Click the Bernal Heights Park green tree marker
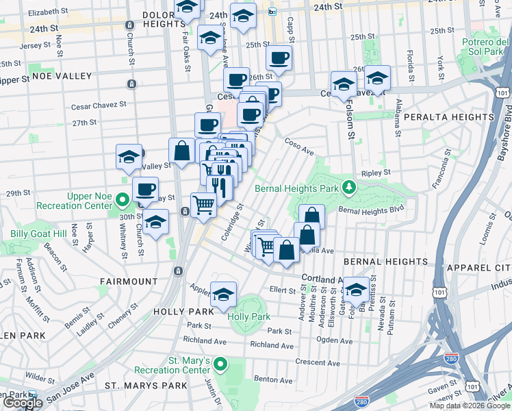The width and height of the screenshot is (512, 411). [349, 187]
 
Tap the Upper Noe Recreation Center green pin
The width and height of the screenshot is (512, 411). [123, 201]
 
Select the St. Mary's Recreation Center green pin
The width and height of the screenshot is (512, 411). [220, 364]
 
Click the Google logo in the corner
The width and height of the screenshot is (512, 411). [23, 403]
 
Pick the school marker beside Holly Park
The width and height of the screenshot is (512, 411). [224, 295]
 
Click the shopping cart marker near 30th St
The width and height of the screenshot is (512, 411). [203, 204]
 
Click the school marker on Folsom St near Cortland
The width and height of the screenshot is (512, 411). [356, 290]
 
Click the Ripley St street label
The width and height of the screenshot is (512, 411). [376, 173]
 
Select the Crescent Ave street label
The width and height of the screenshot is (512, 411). [318, 362]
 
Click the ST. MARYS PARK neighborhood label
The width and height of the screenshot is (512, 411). [146, 386]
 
